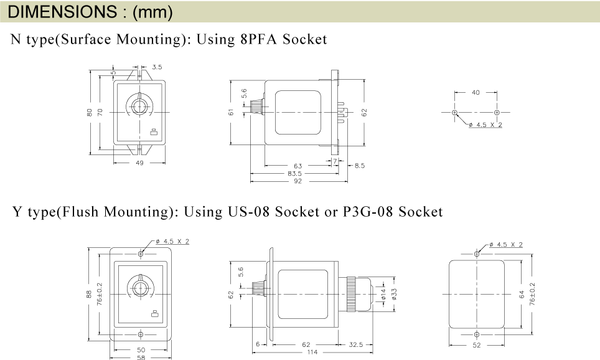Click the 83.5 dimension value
(x=294, y=174)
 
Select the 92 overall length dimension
(x=298, y=181)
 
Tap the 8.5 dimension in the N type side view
(x=360, y=166)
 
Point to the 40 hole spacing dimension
(x=476, y=92)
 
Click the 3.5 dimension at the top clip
(x=157, y=67)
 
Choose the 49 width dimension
(x=139, y=163)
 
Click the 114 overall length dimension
(x=312, y=352)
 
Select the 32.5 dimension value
(x=356, y=344)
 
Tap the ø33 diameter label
(x=395, y=294)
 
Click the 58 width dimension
(x=141, y=358)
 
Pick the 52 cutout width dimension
(x=476, y=345)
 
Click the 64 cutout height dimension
(x=522, y=295)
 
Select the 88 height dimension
(x=89, y=294)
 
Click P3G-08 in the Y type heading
(x=368, y=211)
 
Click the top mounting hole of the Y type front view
(x=141, y=254)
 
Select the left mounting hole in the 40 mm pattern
(x=454, y=112)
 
